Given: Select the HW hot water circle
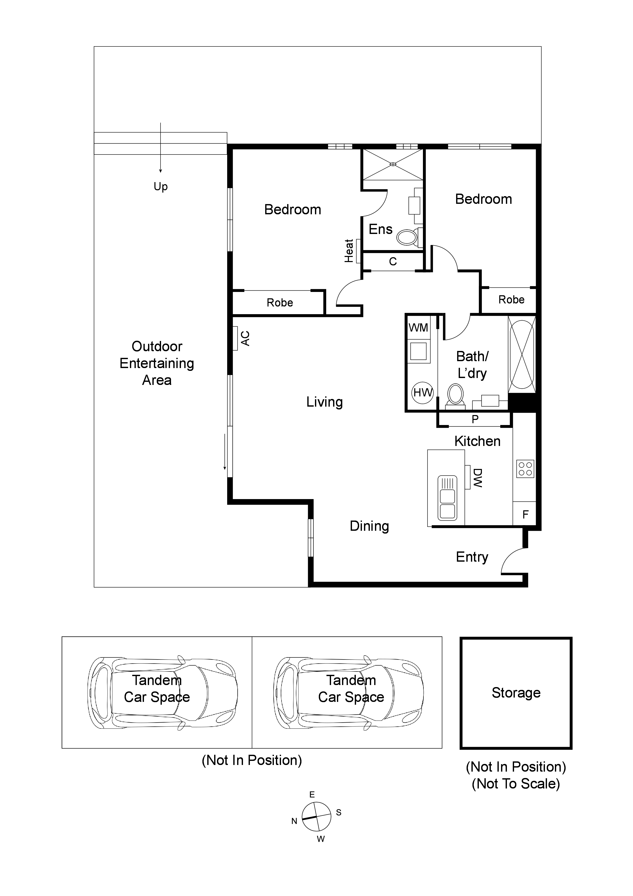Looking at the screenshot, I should tap(423, 392).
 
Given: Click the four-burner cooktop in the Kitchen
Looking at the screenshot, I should tap(525, 469).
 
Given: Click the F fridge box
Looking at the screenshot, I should tap(525, 514).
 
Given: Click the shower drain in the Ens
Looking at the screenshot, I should tap(393, 165).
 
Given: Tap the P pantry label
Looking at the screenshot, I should tap(475, 419).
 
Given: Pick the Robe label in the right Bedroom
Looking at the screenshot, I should tap(511, 300).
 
